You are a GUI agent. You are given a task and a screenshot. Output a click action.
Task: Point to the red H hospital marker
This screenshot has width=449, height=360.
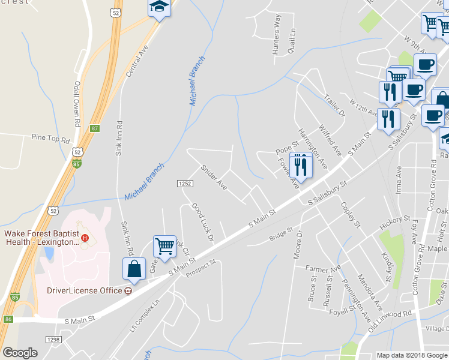[85, 238]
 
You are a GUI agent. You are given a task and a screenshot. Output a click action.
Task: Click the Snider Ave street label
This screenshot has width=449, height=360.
[214, 178]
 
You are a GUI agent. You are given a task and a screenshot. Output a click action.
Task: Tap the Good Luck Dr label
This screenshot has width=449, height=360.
[203, 222]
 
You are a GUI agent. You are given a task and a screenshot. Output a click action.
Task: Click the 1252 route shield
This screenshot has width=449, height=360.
[184, 182]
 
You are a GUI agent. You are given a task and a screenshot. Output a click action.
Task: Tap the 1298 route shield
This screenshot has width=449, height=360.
[53, 339]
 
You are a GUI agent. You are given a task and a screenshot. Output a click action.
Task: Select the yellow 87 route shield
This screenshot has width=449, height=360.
[95, 128]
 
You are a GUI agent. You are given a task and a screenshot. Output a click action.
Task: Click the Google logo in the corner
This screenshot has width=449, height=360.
[20, 353]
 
